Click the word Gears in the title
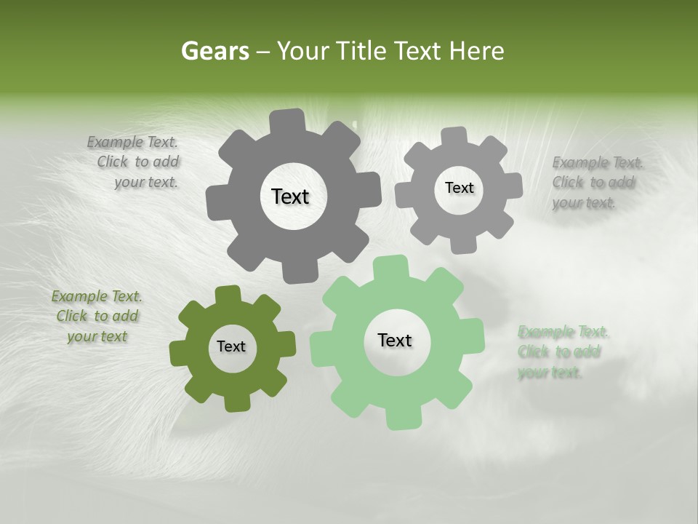coord(214,51)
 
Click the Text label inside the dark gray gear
coord(290,196)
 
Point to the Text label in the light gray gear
coord(459,188)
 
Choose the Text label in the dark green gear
coord(231,347)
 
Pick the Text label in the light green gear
coord(395,341)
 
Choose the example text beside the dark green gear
coord(97,317)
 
